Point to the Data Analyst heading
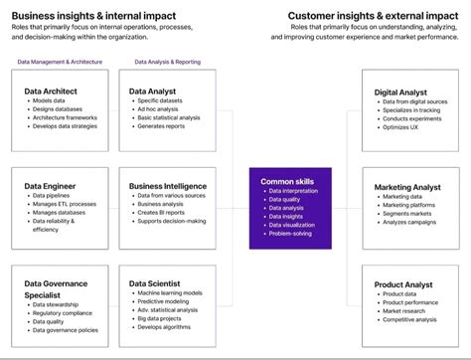153,90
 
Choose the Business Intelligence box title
168,185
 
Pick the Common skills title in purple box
286,182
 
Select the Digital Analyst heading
400,92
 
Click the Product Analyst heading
402,284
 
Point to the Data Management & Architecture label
61,62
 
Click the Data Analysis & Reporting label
167,62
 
